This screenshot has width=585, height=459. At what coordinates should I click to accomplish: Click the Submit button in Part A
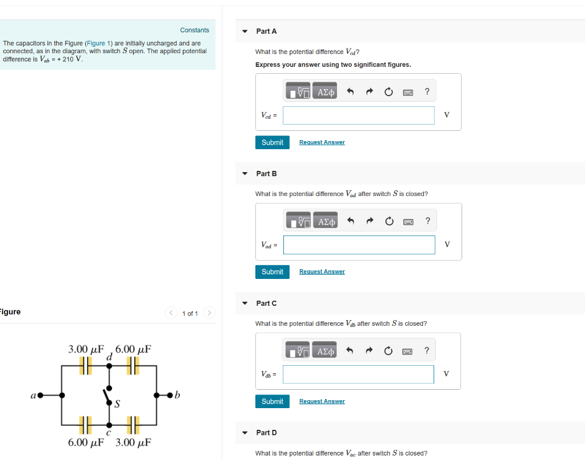click(x=272, y=142)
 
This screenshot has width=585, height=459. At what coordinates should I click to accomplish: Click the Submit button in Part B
click(x=272, y=272)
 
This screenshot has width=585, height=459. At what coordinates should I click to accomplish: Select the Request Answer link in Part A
click(x=322, y=142)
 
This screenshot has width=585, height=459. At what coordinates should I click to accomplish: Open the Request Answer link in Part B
click(x=322, y=272)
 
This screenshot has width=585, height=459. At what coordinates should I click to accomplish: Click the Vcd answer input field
click(x=358, y=115)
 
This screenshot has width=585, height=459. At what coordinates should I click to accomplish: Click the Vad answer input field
click(x=358, y=245)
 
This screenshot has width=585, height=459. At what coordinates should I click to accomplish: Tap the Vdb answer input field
click(x=358, y=374)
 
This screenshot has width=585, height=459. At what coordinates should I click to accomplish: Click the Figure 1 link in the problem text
click(x=95, y=43)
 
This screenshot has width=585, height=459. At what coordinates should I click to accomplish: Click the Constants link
click(x=194, y=30)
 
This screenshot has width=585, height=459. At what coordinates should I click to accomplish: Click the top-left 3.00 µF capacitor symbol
click(x=86, y=366)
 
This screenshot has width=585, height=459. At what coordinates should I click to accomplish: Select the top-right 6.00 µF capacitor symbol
click(x=133, y=366)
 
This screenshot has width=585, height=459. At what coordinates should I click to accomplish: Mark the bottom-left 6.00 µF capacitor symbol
click(x=86, y=425)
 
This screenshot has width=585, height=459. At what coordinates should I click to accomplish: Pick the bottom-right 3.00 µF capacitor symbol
click(x=133, y=425)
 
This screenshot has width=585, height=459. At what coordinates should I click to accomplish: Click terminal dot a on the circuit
click(x=41, y=395)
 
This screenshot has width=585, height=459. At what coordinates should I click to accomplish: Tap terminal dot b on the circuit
click(x=169, y=395)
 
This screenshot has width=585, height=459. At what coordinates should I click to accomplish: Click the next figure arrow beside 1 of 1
click(x=210, y=313)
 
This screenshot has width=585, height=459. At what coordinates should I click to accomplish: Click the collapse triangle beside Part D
click(x=245, y=433)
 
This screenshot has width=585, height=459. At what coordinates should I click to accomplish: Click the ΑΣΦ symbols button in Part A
click(x=326, y=91)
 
